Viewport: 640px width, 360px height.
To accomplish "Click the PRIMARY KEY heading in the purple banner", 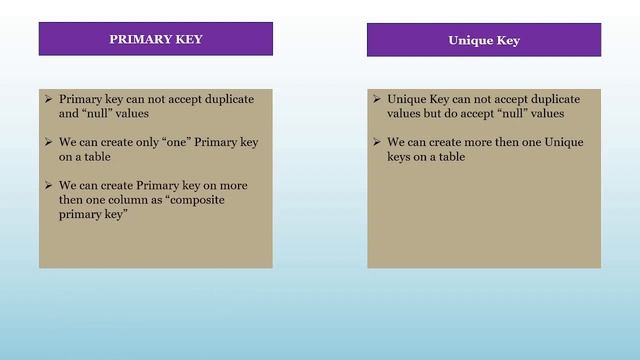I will coord(155,40).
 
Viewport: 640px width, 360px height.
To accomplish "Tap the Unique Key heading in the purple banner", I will coord(483,41).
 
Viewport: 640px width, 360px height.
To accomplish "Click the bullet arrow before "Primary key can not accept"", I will coord(50,99).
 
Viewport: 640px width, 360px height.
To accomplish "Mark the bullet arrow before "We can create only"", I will coord(50,142).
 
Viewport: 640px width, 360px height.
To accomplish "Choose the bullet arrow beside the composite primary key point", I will coord(50,186).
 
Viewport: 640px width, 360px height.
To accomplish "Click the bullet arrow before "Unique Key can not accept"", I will coord(377,99).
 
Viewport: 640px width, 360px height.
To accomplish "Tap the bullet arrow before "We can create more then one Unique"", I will coord(377,142).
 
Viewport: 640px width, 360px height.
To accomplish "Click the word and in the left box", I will coord(69,114).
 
